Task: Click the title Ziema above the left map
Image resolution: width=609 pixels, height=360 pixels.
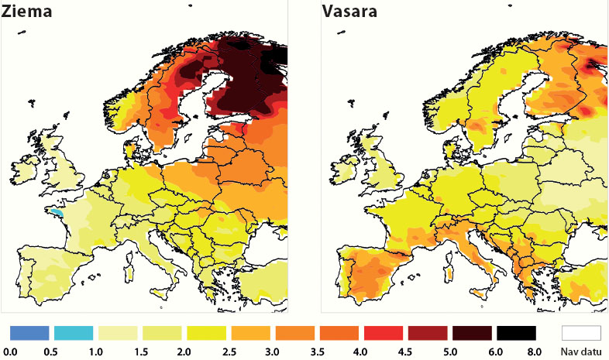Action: [x=26, y=13]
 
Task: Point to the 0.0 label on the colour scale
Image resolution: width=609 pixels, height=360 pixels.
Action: [x=9, y=352]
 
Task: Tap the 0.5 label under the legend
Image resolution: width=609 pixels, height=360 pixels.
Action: [x=53, y=352]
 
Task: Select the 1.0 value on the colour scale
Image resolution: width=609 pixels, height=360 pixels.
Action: [x=97, y=352]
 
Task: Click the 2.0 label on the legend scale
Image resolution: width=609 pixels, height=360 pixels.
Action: [x=184, y=352]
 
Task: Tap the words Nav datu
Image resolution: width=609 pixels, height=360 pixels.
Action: [x=581, y=352]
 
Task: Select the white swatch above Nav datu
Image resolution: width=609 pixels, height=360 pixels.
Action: [x=581, y=333]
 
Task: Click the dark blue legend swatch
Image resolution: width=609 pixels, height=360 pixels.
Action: [x=30, y=333]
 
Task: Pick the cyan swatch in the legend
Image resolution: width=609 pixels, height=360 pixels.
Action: [x=74, y=333]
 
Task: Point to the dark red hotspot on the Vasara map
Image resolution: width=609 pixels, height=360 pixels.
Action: [x=597, y=63]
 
